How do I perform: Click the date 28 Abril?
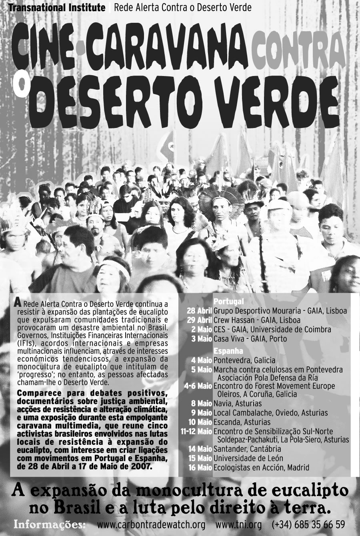pos(199,311)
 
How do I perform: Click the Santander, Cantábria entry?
pos(247,449)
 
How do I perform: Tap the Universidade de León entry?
pos(248,458)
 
